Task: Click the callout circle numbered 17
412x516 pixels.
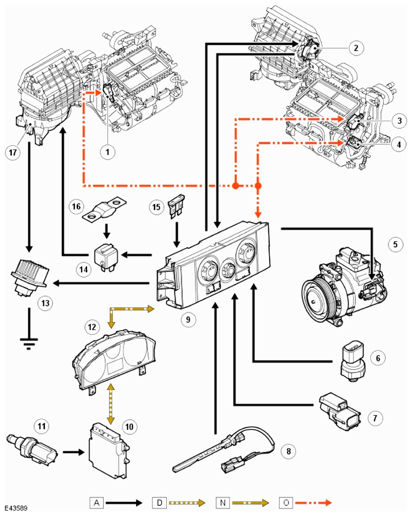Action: click(x=13, y=153)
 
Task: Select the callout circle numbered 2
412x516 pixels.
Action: click(x=356, y=48)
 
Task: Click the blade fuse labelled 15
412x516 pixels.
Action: click(x=176, y=207)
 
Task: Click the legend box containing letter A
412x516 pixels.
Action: click(x=97, y=503)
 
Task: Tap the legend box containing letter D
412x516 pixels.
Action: click(x=159, y=503)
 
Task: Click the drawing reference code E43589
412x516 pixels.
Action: click(x=16, y=509)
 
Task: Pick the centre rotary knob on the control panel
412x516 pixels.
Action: click(x=228, y=270)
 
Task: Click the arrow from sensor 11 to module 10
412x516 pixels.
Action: click(x=74, y=452)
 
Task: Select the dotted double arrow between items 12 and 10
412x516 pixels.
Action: click(x=111, y=404)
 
